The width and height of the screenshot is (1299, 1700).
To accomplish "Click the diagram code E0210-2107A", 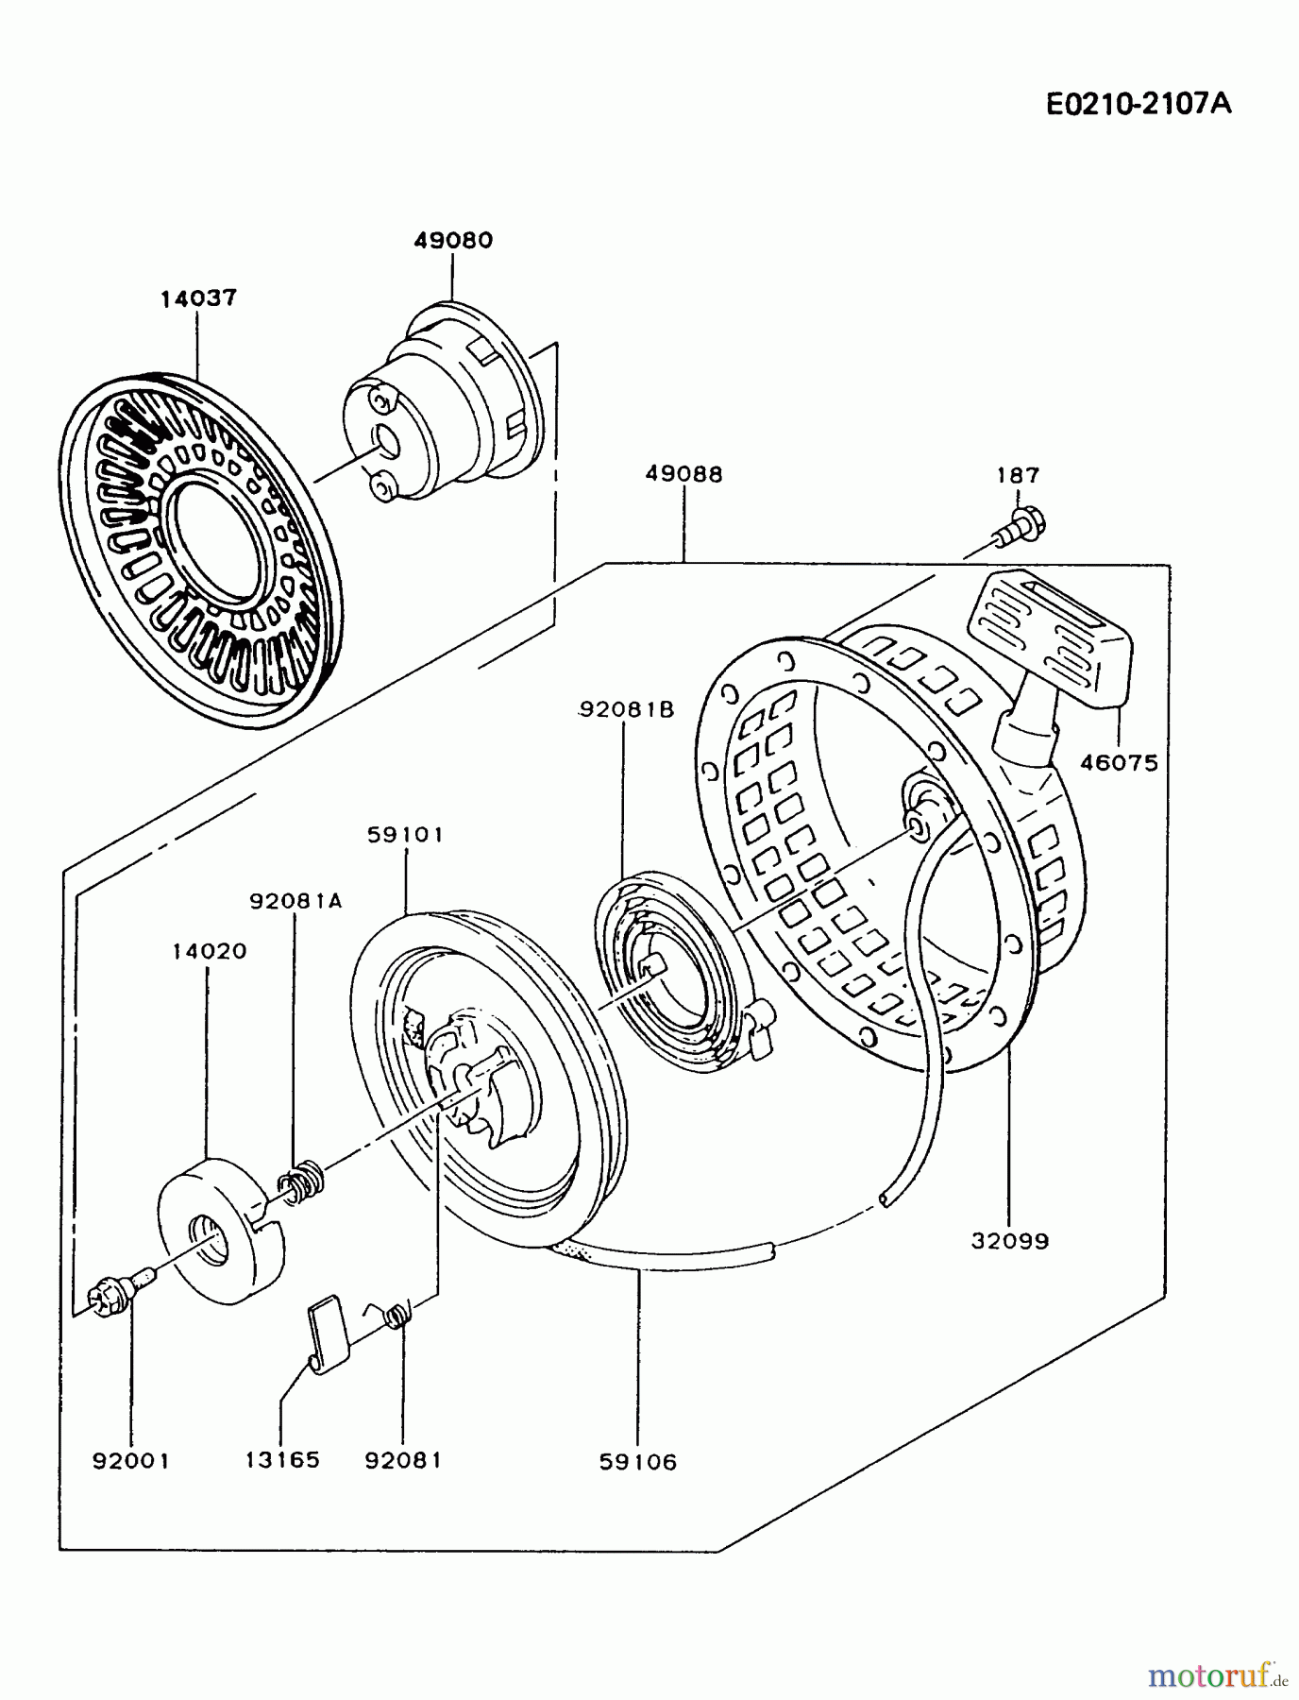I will (x=1139, y=103).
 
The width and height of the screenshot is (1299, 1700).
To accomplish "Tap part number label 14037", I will (x=198, y=298).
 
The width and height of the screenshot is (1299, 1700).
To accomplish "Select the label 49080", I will (x=453, y=240).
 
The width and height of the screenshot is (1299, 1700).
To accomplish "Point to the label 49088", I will (x=683, y=474).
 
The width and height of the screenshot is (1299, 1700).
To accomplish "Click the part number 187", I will (x=1018, y=475).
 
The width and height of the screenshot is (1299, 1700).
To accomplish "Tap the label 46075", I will (x=1119, y=763).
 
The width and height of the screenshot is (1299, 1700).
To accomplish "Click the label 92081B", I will (x=627, y=709).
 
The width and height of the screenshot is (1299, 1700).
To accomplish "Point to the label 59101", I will (x=405, y=835).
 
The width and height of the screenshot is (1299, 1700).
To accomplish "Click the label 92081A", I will (x=295, y=901).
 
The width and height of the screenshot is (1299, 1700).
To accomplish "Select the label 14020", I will (x=209, y=951).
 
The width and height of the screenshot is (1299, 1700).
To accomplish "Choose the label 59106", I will (x=638, y=1463).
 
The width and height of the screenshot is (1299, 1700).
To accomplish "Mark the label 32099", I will (x=1009, y=1241).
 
